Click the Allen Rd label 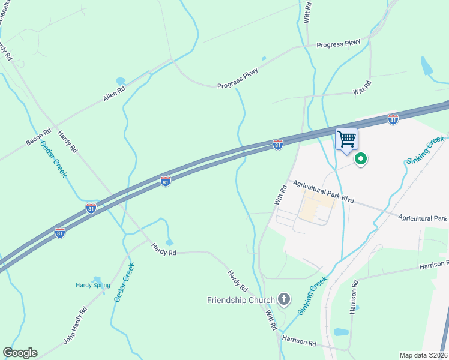tap(113, 92)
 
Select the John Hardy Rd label tap(76, 326)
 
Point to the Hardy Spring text tap(92, 285)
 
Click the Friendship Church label tap(241, 299)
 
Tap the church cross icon tap(285, 299)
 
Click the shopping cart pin tap(346, 140)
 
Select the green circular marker tap(361, 159)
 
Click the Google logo tap(20, 353)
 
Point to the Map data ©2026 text tap(423, 355)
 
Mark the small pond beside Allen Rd tap(121, 80)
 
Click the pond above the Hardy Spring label tap(97, 280)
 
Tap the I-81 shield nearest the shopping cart tap(393, 119)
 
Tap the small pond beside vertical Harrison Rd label tap(340, 332)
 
